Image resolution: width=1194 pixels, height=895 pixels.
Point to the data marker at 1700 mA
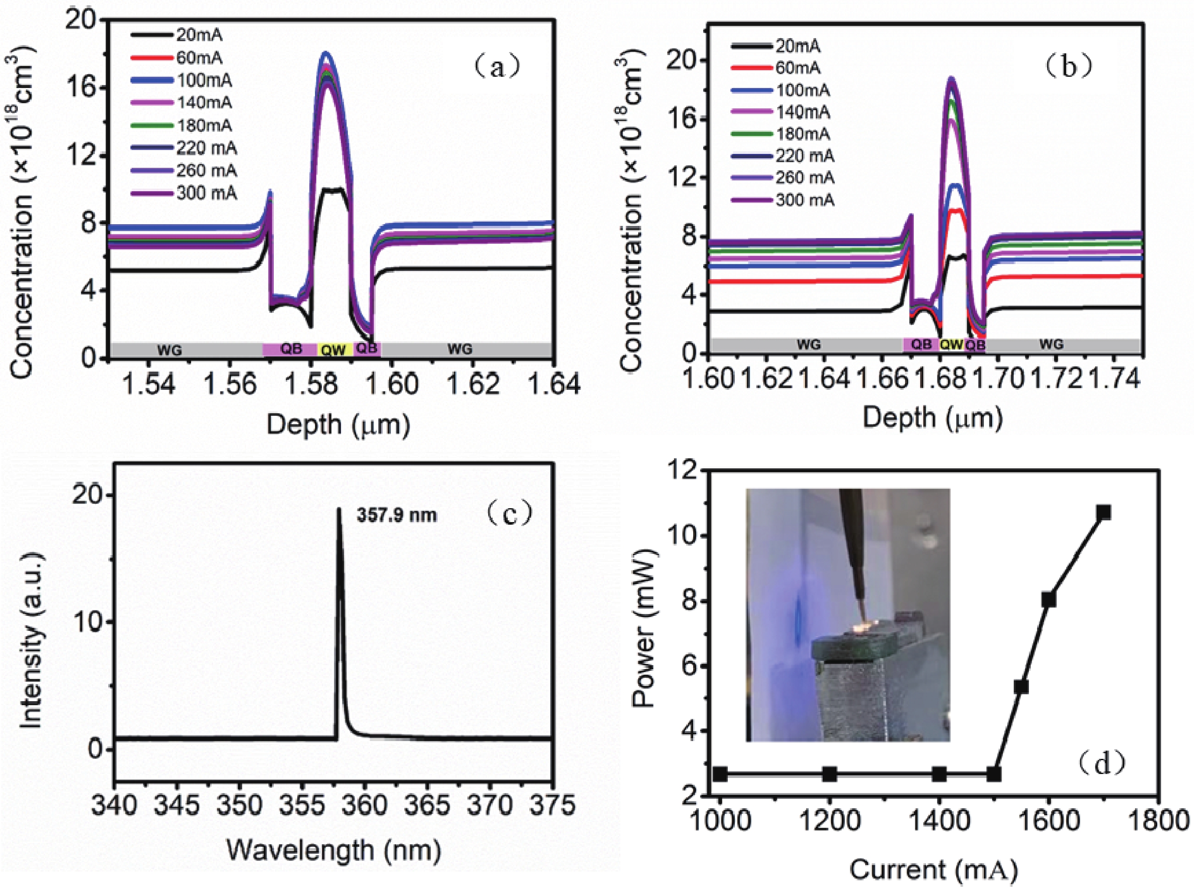point(1104,512)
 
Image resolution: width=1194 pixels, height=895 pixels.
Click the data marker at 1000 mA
point(720,774)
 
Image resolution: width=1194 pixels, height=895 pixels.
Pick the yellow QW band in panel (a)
point(334,350)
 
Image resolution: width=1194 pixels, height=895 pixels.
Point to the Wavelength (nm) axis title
point(333,850)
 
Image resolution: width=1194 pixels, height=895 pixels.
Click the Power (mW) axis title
point(644,628)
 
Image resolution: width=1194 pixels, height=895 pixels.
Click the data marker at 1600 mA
point(1049,600)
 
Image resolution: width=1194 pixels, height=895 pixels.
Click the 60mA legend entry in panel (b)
point(798,68)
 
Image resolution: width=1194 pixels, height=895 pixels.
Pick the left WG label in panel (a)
point(169,350)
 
